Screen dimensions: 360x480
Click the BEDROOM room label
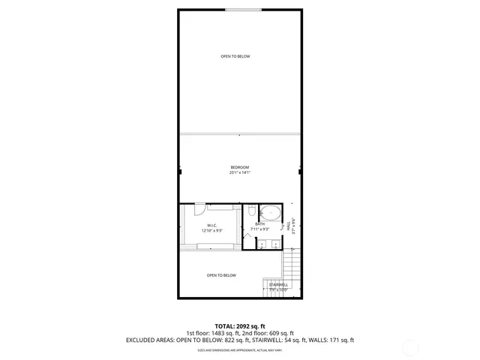239,166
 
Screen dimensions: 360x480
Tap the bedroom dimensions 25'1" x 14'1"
239,172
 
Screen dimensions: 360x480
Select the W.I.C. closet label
212,225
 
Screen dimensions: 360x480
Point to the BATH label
260,224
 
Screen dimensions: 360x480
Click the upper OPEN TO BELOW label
235,56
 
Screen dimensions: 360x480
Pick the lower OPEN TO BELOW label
221,275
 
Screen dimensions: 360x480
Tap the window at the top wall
239,10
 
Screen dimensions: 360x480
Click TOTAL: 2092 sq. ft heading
239,326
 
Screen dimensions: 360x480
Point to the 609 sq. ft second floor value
281,333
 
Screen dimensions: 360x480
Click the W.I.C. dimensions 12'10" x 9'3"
212,231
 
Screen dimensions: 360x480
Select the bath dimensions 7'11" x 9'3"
260,229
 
